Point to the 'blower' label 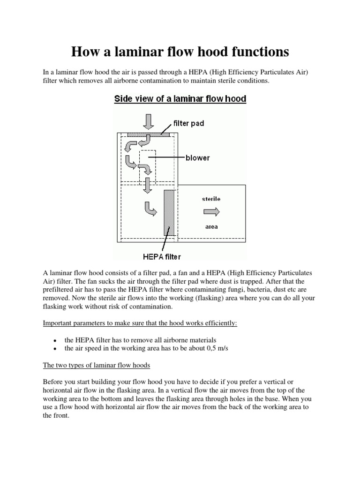198,157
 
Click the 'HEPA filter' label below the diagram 162,256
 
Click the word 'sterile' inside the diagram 211,199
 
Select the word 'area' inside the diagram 211,227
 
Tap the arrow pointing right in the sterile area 210,212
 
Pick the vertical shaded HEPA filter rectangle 169,213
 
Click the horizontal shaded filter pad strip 148,134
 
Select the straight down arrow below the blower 148,185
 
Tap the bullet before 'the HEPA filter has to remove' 56,340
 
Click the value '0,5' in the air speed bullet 212,348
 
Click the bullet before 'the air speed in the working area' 56,349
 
